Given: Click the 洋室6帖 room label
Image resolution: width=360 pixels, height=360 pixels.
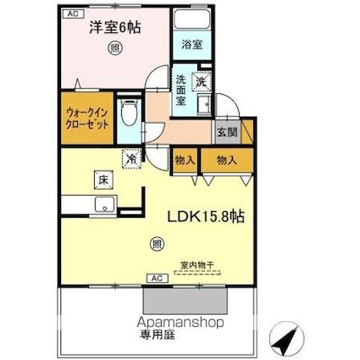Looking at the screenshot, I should point(116,27).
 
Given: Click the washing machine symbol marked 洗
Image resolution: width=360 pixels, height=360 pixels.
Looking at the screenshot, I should point(202,81).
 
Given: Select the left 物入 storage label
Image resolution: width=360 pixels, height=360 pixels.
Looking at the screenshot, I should point(186,159).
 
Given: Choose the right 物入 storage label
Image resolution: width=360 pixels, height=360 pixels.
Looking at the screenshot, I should point(225,159).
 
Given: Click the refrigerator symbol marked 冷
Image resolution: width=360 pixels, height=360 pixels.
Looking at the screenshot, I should point(132,157).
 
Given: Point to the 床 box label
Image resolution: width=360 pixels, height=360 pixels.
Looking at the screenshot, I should point(101,180).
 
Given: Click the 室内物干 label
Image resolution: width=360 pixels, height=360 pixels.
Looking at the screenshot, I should point(199,264).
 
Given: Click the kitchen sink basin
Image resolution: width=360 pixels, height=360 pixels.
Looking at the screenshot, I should point(105,203).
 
